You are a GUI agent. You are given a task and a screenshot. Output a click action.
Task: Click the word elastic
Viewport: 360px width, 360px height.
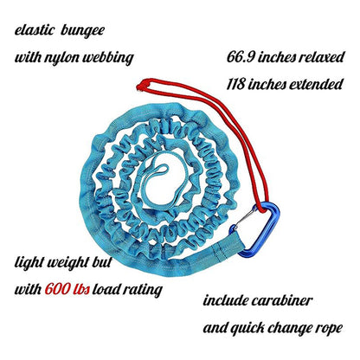[x=35, y=30]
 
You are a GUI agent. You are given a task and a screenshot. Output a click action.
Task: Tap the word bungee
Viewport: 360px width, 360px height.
[x=82, y=31]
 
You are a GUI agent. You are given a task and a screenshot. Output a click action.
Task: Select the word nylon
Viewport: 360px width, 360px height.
[x=62, y=58]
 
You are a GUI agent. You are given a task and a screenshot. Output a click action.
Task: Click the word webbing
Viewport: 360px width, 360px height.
[x=108, y=58]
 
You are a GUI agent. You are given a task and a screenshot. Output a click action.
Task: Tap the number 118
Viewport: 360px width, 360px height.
[x=235, y=85]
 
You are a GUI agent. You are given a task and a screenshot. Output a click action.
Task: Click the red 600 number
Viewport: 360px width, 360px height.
[x=56, y=289]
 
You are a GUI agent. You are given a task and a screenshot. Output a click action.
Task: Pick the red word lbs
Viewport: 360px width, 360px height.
[x=80, y=289]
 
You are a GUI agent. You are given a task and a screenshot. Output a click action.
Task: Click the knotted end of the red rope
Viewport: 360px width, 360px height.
[x=142, y=85]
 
